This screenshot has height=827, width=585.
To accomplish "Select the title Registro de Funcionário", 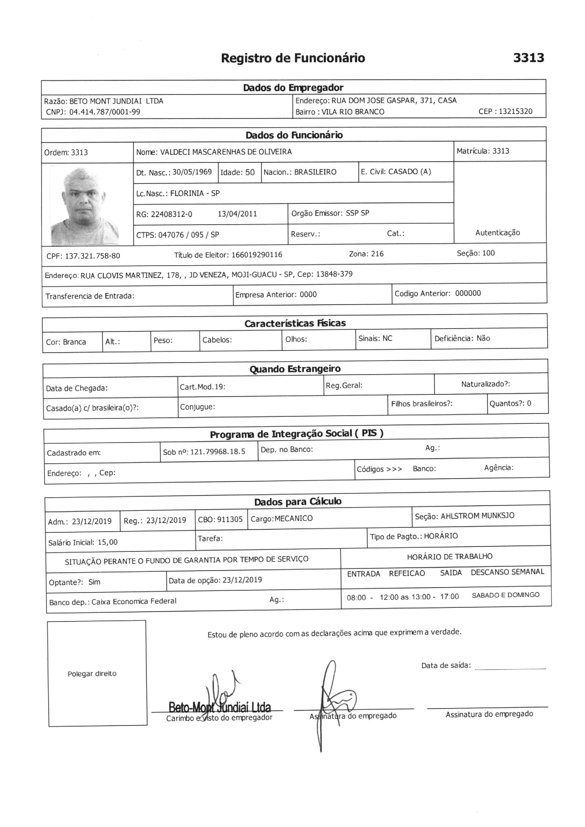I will click(x=293, y=58).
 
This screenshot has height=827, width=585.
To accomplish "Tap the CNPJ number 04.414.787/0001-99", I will click(x=104, y=112).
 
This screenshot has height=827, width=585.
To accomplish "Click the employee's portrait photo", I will click(x=85, y=205).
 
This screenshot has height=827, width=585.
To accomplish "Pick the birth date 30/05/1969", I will click(x=192, y=172).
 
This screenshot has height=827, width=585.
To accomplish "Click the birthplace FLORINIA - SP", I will click(x=195, y=193).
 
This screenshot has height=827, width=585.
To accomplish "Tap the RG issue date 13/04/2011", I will click(x=237, y=214).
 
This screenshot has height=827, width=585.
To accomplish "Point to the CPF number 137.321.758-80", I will click(x=92, y=256).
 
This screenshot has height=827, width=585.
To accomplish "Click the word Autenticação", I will click(x=498, y=233).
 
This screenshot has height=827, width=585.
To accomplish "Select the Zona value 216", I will click(x=377, y=254).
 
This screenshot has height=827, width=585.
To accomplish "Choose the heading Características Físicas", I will click(x=295, y=323).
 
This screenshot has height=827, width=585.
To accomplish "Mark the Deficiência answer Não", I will click(x=483, y=338).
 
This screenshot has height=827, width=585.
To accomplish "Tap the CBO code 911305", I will click(x=229, y=519).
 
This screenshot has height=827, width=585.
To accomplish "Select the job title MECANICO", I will click(x=293, y=518).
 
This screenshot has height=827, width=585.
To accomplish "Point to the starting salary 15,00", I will click(x=108, y=542).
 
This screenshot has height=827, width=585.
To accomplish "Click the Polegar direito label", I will click(x=92, y=673).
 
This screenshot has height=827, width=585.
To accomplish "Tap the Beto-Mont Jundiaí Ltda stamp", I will click(x=219, y=707).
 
